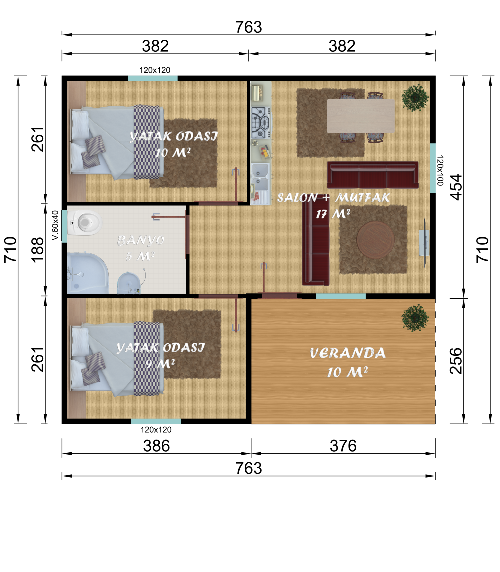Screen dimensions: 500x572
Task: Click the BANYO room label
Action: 140,240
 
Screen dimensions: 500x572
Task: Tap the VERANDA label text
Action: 347,353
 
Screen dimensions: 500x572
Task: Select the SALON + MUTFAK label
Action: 333,197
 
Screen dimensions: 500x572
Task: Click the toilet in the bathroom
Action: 84,222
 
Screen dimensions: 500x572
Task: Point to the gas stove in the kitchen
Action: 261,122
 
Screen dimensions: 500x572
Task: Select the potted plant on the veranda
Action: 415,318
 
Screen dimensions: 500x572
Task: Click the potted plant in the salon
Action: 415,98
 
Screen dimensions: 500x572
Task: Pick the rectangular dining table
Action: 361,116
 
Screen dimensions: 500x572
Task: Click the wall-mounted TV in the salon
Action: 425,243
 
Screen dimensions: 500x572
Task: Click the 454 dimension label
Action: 456,187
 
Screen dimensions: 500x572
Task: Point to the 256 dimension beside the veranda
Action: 456,360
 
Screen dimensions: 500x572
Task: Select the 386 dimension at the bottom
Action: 156,446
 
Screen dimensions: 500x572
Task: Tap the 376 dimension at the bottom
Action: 343,446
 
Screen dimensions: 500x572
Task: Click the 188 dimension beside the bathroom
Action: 38,250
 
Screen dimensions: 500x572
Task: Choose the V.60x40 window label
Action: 55,225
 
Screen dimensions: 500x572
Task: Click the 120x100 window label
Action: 440,170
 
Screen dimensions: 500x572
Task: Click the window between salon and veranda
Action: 341,296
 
